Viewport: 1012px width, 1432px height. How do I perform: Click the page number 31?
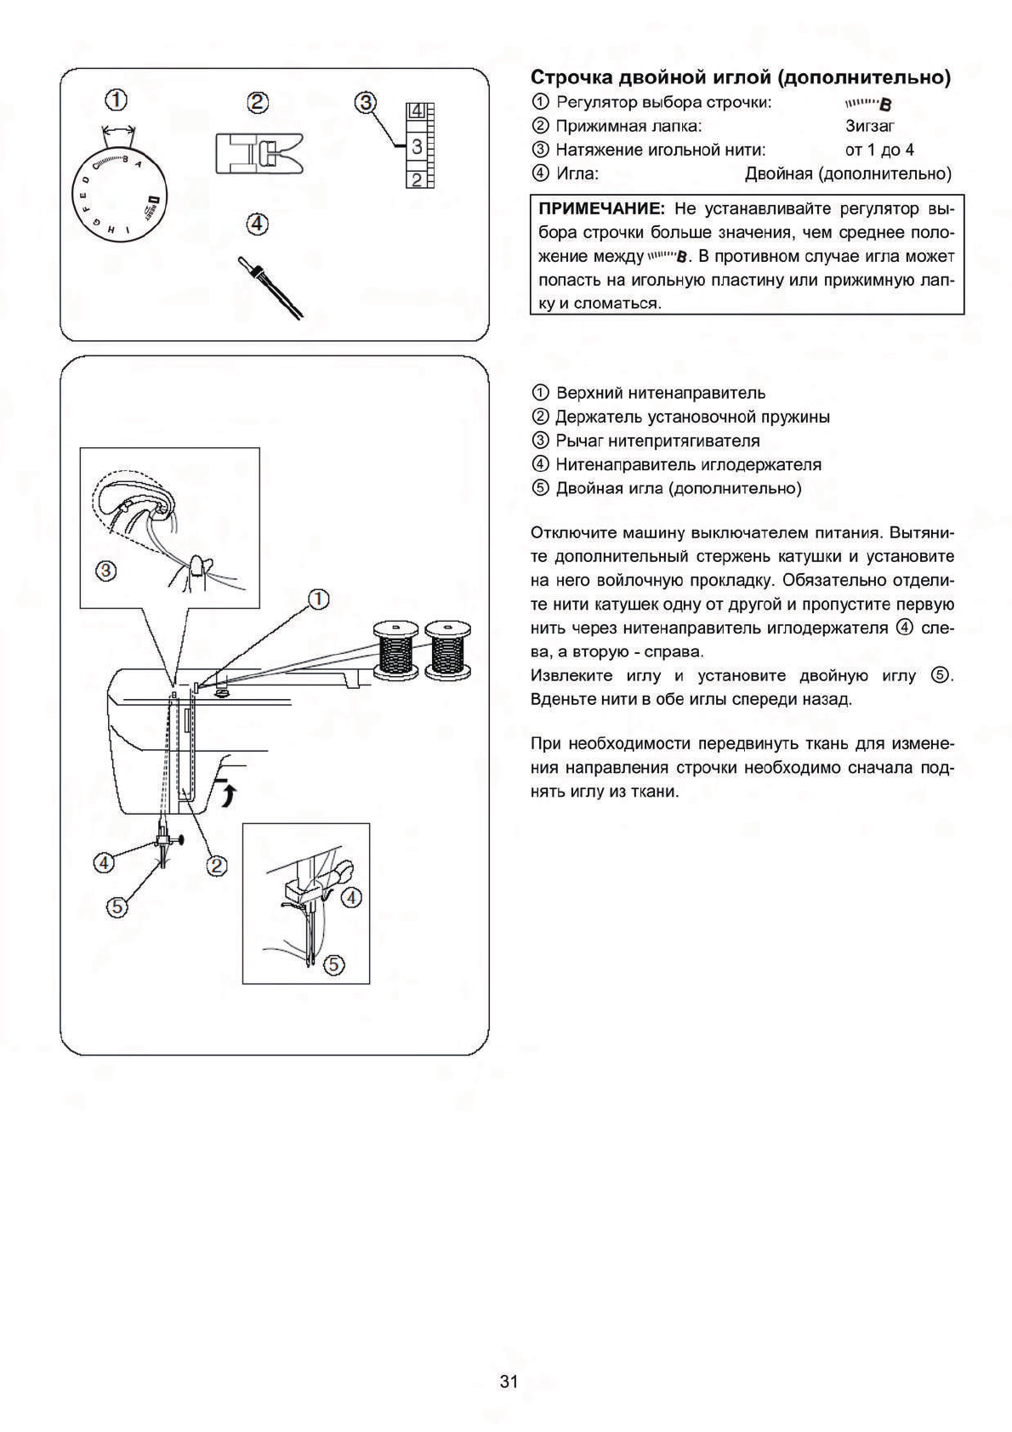tap(509, 1382)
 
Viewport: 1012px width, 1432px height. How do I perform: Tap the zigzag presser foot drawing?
tap(259, 154)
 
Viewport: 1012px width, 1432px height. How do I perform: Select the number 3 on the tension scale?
tap(417, 147)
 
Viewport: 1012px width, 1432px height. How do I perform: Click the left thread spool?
tap(395, 651)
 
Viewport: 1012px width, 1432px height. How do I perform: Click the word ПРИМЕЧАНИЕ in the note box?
tap(600, 209)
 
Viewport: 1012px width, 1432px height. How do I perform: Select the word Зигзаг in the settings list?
tap(870, 126)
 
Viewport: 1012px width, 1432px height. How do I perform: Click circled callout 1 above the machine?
tap(318, 600)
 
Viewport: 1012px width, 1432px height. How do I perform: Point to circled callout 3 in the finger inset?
tap(105, 571)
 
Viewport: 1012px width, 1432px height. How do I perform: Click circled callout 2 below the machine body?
tap(216, 866)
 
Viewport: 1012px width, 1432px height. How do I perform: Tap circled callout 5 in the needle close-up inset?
tap(333, 964)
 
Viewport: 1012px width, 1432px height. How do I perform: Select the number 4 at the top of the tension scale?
tap(417, 111)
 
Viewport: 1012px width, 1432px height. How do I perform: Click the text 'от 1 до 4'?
tap(879, 150)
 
